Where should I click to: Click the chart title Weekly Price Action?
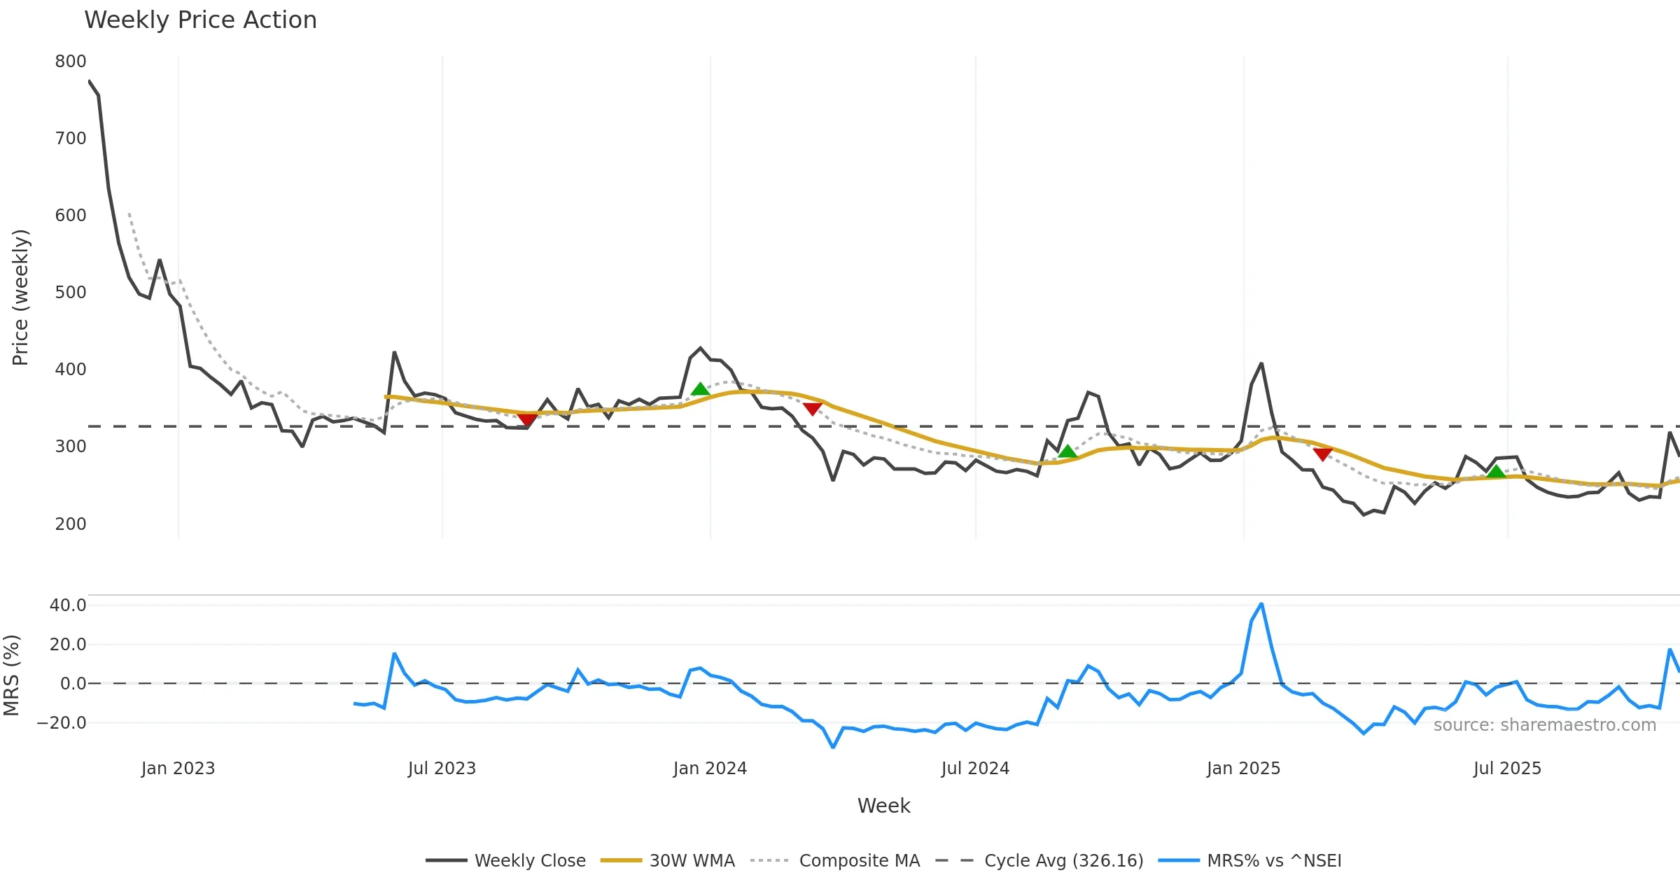(200, 20)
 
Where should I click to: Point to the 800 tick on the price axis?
(71, 62)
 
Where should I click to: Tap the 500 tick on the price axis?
(71, 293)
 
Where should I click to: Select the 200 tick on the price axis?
(71, 524)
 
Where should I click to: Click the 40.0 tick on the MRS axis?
(68, 605)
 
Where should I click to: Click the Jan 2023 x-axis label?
(178, 769)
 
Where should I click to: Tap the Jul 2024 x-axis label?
(975, 769)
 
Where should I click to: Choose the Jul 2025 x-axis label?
(1507, 769)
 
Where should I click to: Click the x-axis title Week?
(883, 806)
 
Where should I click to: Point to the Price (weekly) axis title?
(20, 297)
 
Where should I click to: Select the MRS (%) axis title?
(11, 675)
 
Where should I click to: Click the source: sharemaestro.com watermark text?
(1544, 725)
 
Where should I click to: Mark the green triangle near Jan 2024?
(700, 390)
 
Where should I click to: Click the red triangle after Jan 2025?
(1322, 454)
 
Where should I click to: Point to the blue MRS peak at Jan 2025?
(1261, 604)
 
